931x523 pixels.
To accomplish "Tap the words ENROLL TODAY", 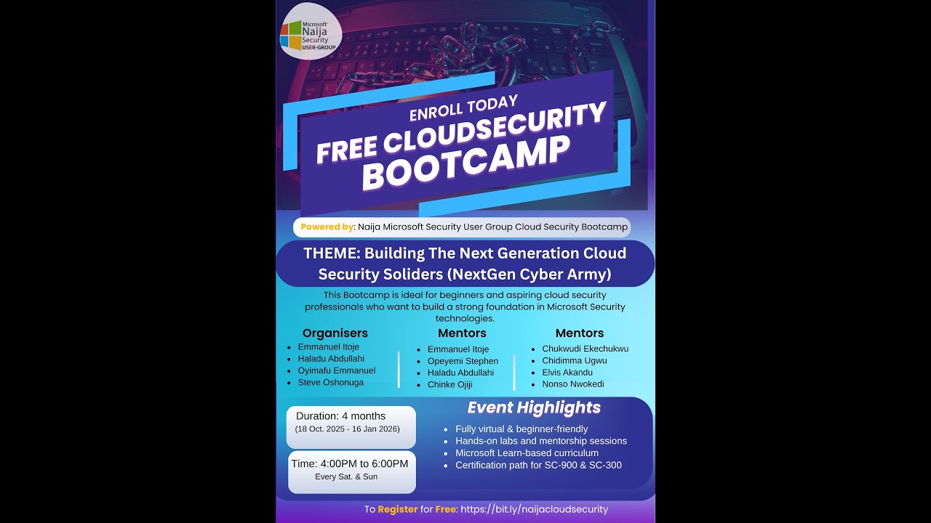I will point(463,108).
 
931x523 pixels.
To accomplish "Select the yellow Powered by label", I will point(327,227).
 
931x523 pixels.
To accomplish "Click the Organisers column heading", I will point(335,333).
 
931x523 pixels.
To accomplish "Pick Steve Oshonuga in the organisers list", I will point(330,382).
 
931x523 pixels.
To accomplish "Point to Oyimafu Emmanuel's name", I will point(336,370).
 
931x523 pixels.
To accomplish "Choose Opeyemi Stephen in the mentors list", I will point(463,361).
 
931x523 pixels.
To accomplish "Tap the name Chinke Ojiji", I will point(449,384).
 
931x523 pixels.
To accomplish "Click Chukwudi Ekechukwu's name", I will point(585,349).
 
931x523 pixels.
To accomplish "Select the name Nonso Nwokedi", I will point(572,384).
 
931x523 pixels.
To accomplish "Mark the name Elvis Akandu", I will point(567,372).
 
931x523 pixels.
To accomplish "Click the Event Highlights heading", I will point(534,408).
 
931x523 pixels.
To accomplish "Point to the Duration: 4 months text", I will point(340,416).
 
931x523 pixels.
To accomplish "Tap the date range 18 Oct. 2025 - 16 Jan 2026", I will point(347,429).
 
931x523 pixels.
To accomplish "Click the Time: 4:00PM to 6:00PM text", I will point(350,463).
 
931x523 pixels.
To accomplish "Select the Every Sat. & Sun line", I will point(346,477).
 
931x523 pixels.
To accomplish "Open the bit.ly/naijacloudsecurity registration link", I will point(534,509).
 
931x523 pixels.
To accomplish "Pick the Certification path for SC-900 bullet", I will point(538,465).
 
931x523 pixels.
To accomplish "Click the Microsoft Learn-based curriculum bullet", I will point(527,453).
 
